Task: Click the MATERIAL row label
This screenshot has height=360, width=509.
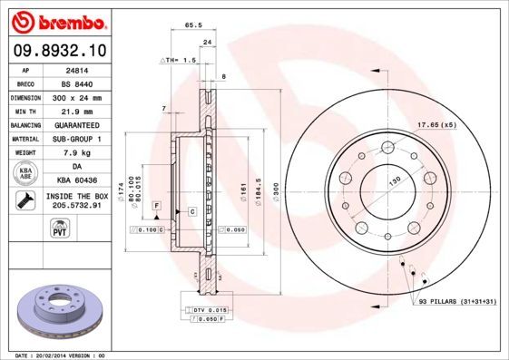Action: (24, 139)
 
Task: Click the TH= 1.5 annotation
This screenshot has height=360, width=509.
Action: (179, 60)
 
